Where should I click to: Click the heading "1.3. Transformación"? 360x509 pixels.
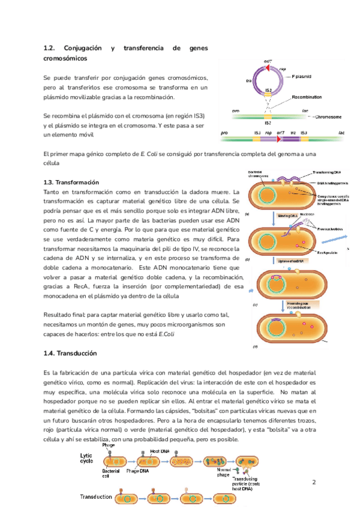[71, 182]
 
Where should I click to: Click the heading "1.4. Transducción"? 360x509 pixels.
[70, 353]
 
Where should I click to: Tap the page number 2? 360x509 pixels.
[314, 466]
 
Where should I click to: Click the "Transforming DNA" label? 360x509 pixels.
[328, 172]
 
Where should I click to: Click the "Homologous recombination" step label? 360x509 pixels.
[290, 306]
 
